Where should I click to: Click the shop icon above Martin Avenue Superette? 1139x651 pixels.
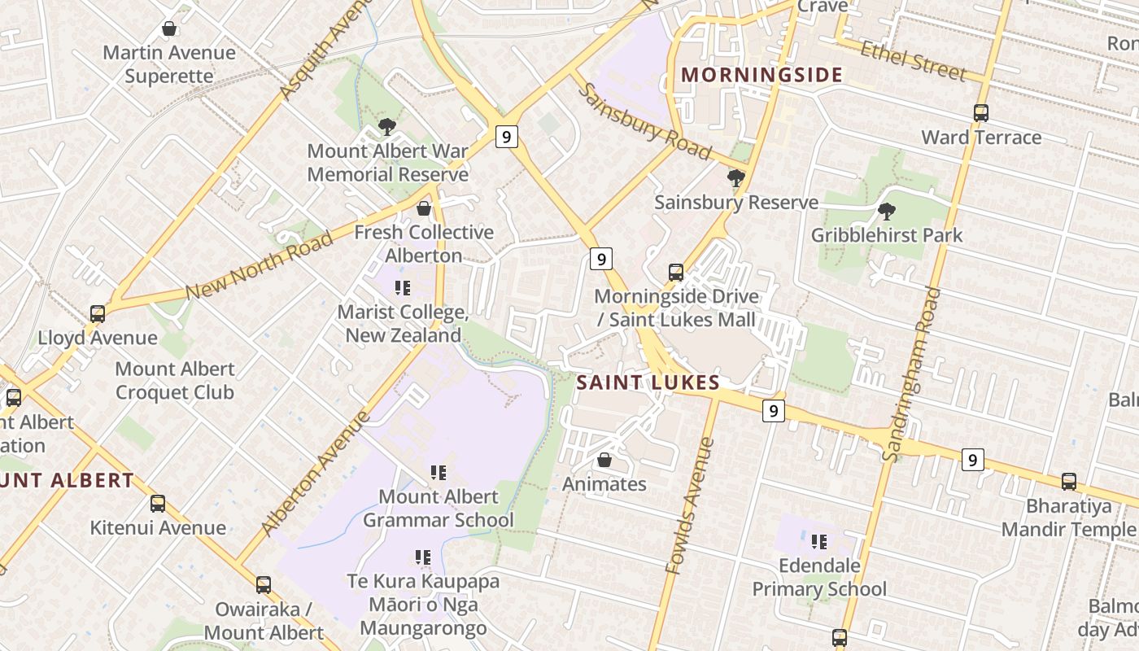[x=169, y=29]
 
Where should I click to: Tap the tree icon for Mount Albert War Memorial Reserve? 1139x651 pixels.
[x=387, y=126]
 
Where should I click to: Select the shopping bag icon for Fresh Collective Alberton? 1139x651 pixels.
[x=424, y=208]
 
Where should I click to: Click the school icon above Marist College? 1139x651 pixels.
[x=402, y=287]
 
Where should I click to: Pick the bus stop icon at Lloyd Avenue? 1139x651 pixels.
[x=98, y=313]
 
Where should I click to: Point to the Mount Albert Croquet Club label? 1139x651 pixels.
[x=175, y=381]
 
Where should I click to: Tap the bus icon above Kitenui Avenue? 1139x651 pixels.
[x=158, y=503]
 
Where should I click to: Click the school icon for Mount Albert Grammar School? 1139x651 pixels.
[x=439, y=472]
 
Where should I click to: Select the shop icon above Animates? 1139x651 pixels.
[x=604, y=460]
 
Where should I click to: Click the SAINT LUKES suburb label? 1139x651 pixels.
[x=648, y=382]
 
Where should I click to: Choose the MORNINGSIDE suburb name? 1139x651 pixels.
[x=762, y=75]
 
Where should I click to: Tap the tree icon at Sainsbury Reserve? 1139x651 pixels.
[x=736, y=177]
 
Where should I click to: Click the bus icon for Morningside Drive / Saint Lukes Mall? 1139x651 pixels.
[x=676, y=272]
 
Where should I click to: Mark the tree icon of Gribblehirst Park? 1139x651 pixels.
[x=887, y=211]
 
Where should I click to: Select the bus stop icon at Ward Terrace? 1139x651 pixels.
[x=981, y=112]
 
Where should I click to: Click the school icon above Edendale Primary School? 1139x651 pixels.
[x=819, y=541]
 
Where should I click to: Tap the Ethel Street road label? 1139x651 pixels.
[x=913, y=59]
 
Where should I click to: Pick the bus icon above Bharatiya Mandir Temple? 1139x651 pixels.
[x=1069, y=481]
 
